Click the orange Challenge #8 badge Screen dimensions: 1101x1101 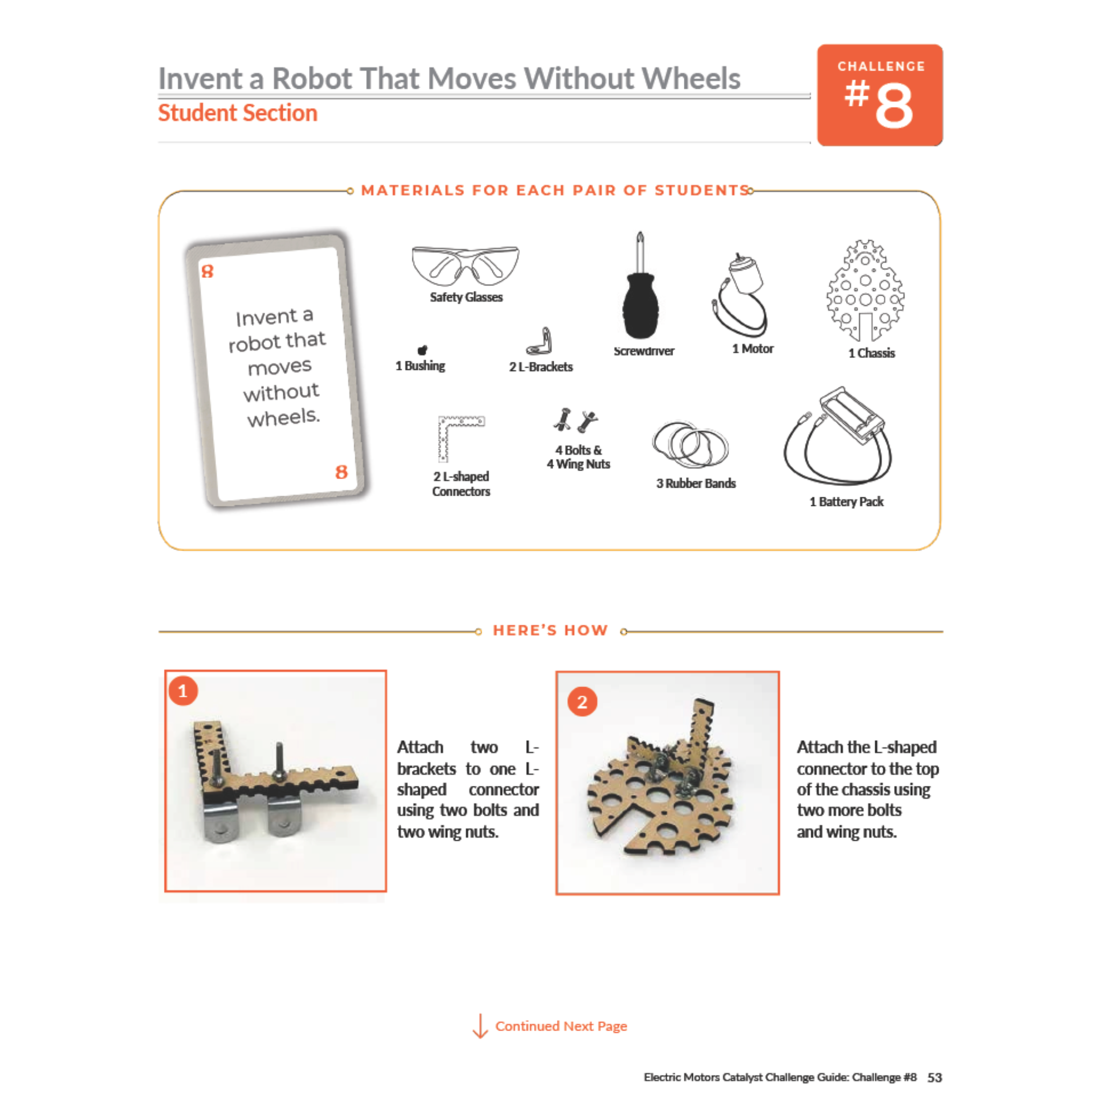pos(880,95)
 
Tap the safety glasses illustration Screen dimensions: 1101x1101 pos(466,266)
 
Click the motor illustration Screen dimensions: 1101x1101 pos(741,295)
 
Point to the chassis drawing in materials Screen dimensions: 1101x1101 pos(865,291)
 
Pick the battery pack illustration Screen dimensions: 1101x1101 pos(838,435)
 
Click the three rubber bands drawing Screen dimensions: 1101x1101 pos(691,445)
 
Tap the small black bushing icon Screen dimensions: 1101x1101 pos(422,350)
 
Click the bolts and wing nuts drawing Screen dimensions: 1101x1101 pos(575,420)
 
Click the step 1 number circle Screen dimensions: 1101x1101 pos(183,691)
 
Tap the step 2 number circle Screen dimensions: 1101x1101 pos(582,702)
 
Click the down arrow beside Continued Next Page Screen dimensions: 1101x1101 pos(481,1026)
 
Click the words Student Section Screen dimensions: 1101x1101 pos(238,113)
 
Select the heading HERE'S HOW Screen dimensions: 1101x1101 pos(550,630)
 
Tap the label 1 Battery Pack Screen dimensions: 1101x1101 pos(846,502)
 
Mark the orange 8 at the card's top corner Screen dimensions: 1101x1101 pos(208,271)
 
